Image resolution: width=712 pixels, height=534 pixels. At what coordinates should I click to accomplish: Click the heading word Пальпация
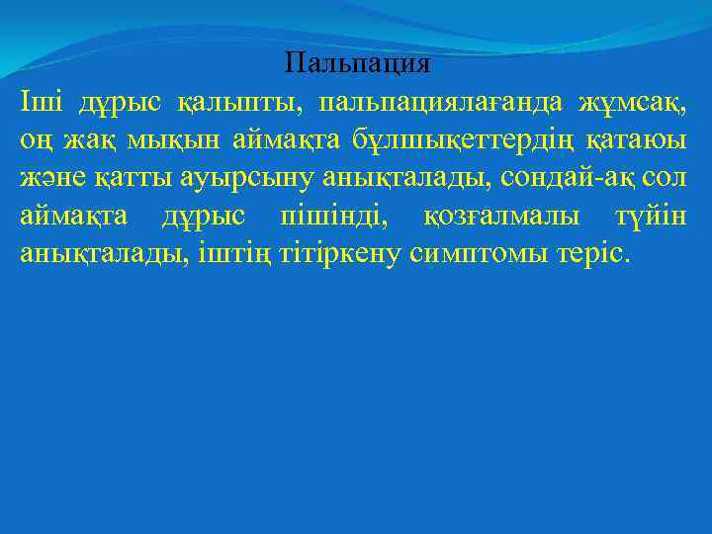coord(357,65)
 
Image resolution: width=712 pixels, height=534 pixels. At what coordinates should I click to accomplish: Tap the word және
coord(46,177)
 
